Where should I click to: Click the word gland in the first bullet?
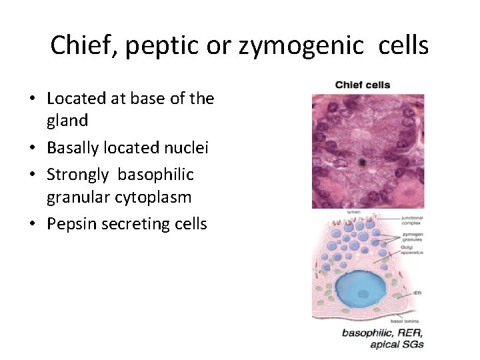67,121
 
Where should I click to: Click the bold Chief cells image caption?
362,85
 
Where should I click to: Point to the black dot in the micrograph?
361,161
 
